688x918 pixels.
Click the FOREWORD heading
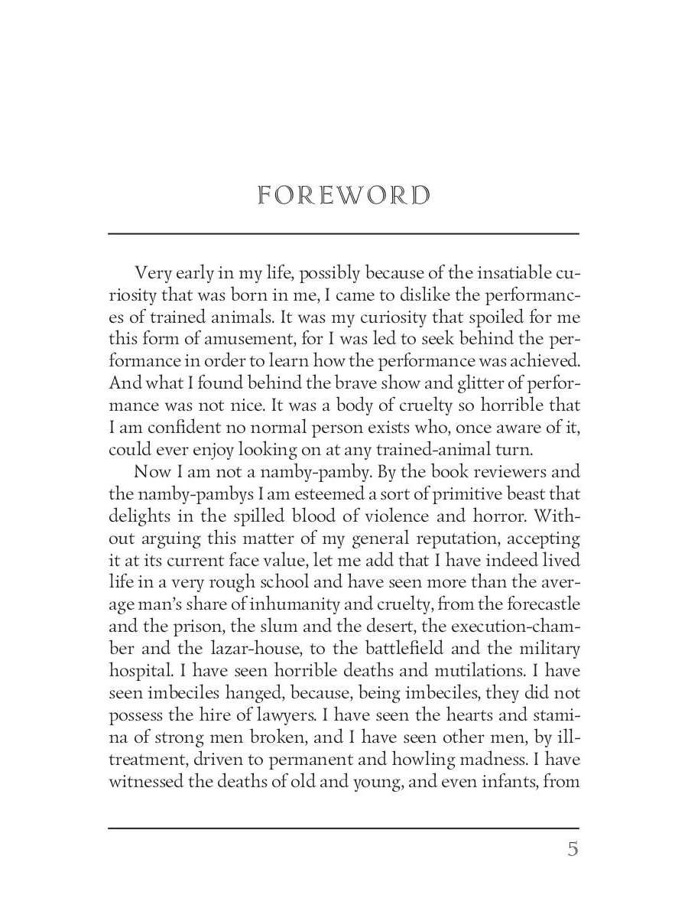(343, 195)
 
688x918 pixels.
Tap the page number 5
(573, 849)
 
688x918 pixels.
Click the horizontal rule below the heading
(343, 233)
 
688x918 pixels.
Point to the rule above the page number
(343, 828)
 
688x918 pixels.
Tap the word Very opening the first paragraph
(152, 273)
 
